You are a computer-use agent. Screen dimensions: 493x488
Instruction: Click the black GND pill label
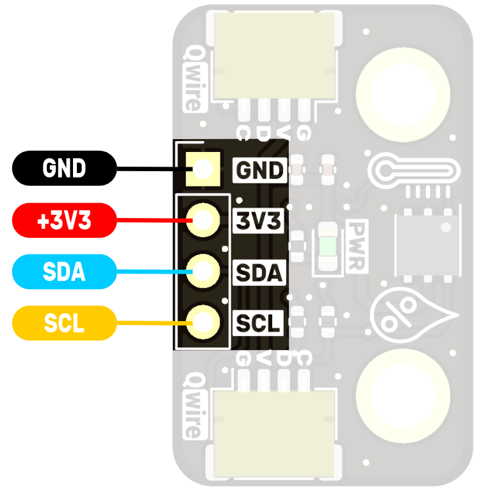[x=64, y=169]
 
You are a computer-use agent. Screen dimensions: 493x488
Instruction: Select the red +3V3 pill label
[x=64, y=221]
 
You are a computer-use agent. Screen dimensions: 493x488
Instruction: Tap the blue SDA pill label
[x=64, y=272]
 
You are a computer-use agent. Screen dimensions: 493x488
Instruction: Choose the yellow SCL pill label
[x=64, y=323]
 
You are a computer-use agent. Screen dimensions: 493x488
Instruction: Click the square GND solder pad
[x=203, y=169]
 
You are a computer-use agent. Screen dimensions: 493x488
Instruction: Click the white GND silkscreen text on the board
[x=259, y=171]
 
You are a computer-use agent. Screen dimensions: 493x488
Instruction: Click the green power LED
[x=328, y=247]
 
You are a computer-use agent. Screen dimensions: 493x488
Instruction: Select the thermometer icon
[x=414, y=171]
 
